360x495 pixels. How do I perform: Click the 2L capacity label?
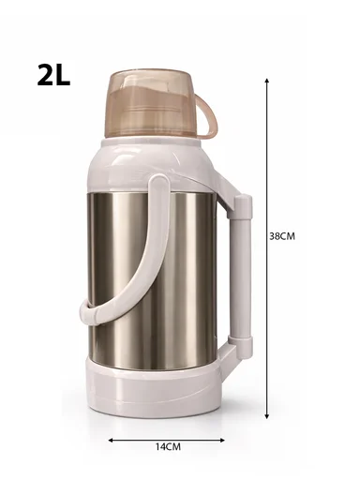53,75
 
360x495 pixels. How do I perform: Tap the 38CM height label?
281,235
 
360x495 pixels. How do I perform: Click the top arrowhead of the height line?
267,81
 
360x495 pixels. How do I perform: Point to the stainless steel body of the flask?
173,262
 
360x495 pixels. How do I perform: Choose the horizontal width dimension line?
169,439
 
